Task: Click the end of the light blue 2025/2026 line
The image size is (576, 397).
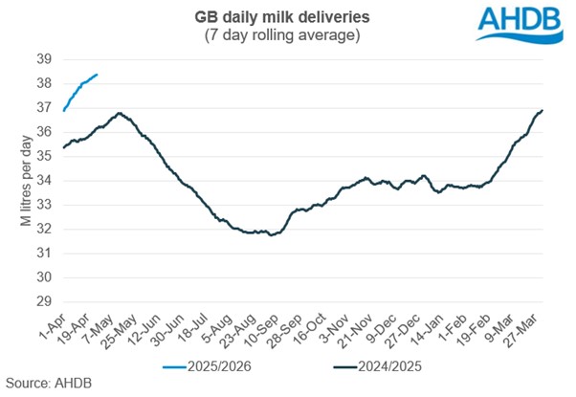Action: coord(97,74)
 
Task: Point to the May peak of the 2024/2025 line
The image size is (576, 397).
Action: coord(119,113)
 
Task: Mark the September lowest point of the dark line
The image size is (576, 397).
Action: coord(272,234)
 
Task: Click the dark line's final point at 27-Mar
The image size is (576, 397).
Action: coord(543,110)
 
